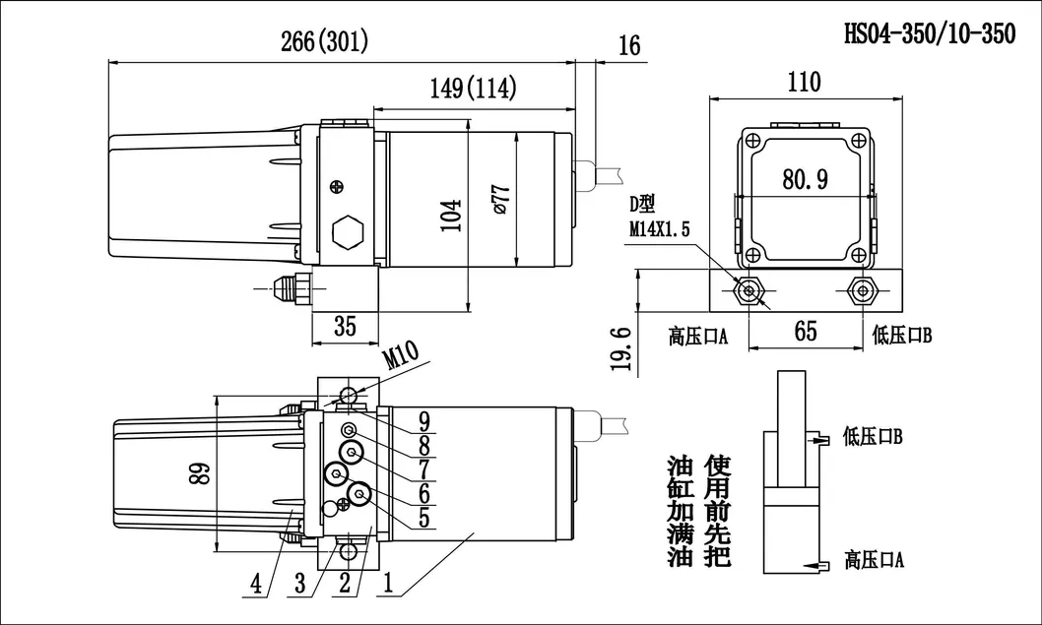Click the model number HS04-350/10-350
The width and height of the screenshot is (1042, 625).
pos(929,34)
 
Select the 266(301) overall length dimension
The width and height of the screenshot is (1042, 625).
pos(325,42)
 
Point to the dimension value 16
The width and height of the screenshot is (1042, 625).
pos(629,45)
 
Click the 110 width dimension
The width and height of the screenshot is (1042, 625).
pos(805,82)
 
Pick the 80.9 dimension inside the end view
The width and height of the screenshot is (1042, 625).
pos(805,180)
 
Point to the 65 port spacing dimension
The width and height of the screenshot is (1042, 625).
pos(806,331)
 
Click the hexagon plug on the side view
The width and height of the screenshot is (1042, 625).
pos(348,234)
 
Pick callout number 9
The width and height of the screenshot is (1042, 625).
pos(424,420)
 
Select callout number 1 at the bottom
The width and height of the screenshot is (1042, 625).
pos(388,584)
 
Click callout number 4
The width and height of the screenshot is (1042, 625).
pos(256,584)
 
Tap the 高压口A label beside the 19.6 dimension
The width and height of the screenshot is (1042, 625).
pos(697,337)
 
